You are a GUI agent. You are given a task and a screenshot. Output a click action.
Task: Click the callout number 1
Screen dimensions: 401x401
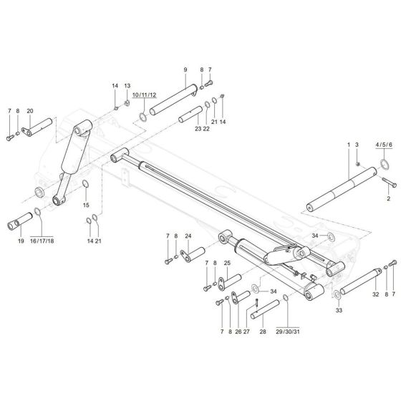(x=349, y=145)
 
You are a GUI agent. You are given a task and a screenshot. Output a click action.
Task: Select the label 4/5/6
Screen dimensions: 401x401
(x=384, y=145)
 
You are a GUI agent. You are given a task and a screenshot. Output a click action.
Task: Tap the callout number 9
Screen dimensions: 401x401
(x=185, y=69)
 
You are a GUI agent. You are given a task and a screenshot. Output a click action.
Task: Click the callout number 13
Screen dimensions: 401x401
(x=127, y=86)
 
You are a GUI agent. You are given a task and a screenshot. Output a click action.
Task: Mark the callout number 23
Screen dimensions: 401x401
(x=198, y=128)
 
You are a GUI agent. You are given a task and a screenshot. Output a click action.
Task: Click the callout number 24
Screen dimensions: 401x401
(x=188, y=236)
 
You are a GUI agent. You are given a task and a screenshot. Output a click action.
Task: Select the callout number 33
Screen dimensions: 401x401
(x=339, y=311)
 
